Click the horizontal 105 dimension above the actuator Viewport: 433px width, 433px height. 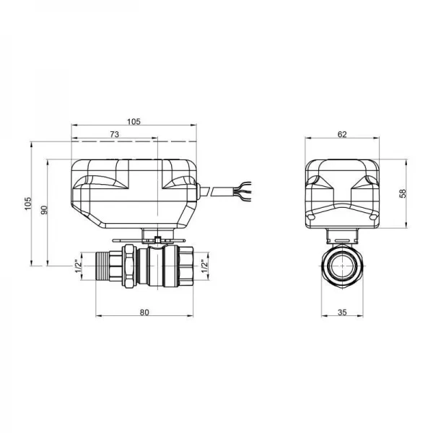pyautogui.click(x=134, y=121)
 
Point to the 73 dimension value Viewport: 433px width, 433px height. pyautogui.click(x=114, y=135)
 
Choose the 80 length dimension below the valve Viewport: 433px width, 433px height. pyautogui.click(x=144, y=312)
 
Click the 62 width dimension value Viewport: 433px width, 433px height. pyautogui.click(x=342, y=134)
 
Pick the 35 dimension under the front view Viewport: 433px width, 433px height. pyautogui.click(x=343, y=312)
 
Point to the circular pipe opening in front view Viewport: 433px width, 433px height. pyautogui.click(x=343, y=265)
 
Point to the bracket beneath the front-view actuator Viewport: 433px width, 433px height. pyautogui.click(x=343, y=235)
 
